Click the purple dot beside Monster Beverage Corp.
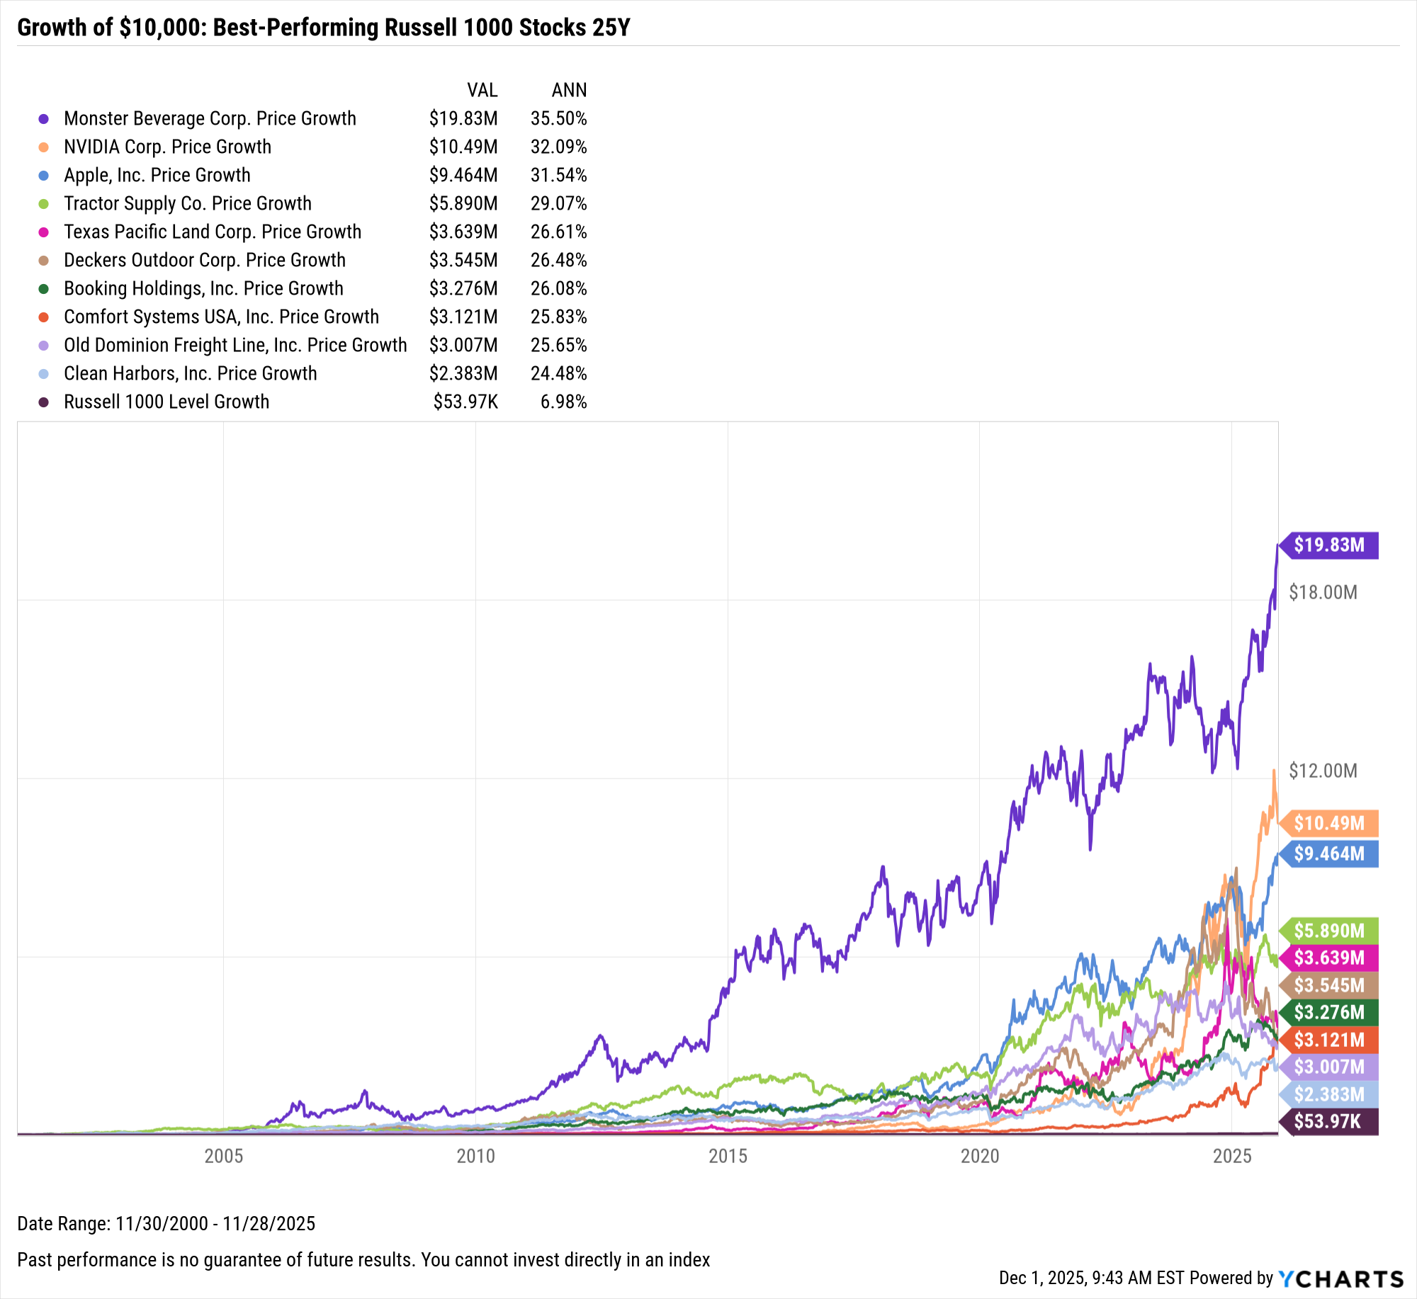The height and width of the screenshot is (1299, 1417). (x=44, y=119)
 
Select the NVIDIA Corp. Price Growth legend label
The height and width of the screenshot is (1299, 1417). (x=167, y=147)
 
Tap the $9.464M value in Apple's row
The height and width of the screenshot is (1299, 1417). (x=463, y=175)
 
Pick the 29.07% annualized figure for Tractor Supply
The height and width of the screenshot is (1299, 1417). (x=558, y=203)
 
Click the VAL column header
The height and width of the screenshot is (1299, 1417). (x=482, y=90)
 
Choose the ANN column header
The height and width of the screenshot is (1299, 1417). (x=569, y=90)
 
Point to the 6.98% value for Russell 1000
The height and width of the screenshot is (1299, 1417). (x=563, y=402)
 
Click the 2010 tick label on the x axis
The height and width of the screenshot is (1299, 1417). (x=475, y=1156)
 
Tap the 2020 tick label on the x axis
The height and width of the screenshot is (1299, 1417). (x=980, y=1156)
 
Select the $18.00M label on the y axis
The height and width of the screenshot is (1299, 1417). (x=1323, y=592)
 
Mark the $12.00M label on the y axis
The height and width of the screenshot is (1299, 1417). (x=1323, y=771)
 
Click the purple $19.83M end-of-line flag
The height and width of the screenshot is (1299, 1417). (x=1329, y=545)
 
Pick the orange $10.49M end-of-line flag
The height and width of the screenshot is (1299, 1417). (x=1329, y=823)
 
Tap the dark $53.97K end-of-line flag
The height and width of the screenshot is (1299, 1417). (x=1329, y=1121)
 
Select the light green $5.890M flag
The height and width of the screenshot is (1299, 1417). (x=1329, y=930)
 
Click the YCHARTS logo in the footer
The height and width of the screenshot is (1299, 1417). (x=1340, y=1278)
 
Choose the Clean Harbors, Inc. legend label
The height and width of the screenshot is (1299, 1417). (x=190, y=373)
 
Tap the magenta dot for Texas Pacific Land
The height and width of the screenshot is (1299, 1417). (x=44, y=232)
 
